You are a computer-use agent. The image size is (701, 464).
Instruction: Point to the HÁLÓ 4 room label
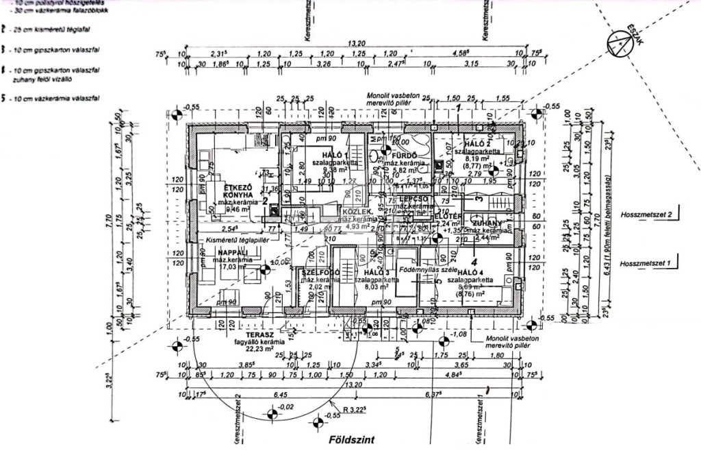point(471,272)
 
